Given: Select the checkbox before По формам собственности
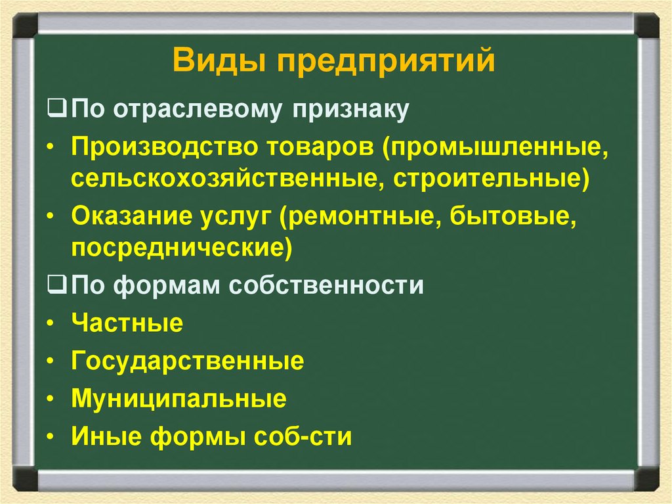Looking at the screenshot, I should [56, 286].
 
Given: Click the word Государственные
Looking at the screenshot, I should [188, 361].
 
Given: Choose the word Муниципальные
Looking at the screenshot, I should [179, 399].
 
